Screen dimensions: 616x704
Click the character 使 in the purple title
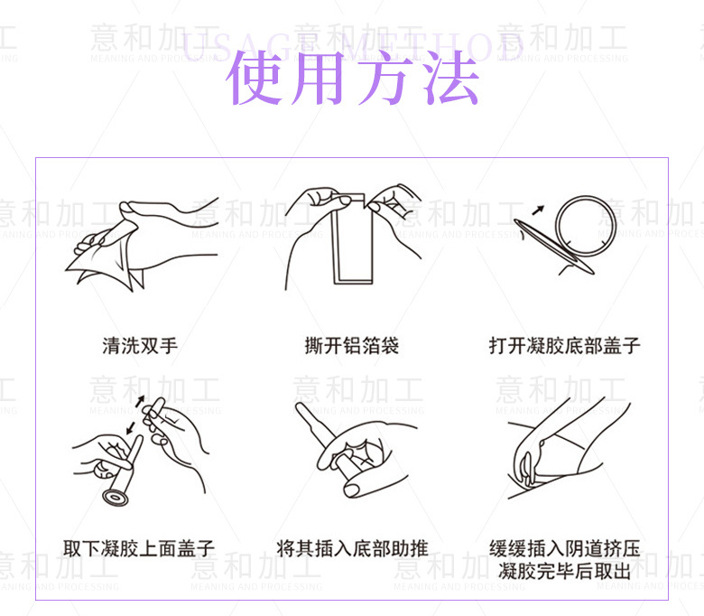[256, 79]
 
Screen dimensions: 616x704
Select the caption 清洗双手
[140, 345]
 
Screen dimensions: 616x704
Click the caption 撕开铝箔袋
[352, 345]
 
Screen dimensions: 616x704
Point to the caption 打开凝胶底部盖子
[565, 345]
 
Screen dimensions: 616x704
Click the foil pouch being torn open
[351, 239]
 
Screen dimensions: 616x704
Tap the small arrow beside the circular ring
[538, 210]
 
